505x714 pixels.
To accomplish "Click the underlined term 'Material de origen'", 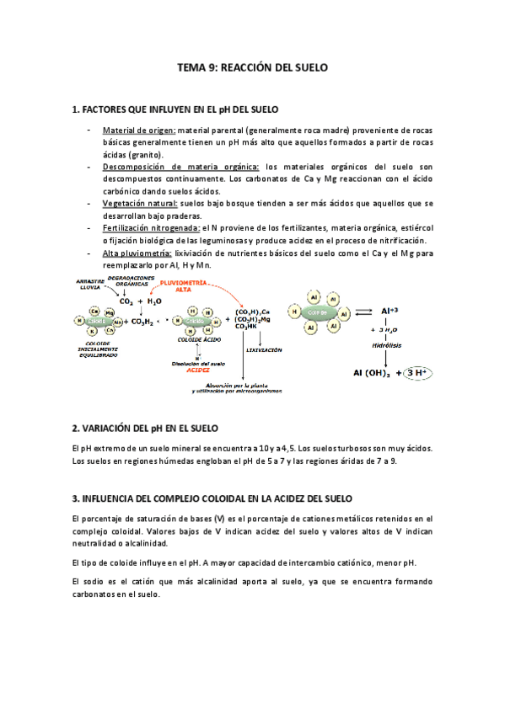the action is pos(139,131).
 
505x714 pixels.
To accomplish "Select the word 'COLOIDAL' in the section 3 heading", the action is pos(248,499).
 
